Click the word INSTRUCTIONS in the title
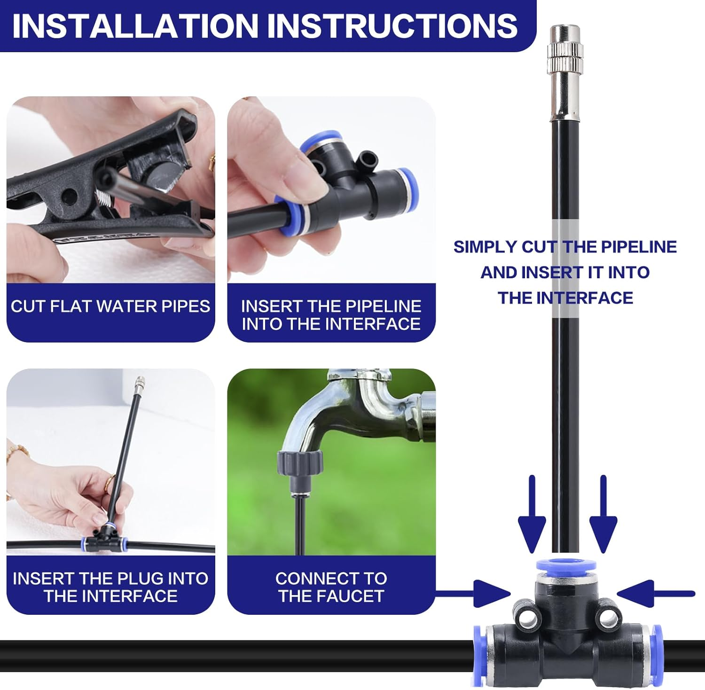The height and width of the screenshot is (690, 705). [x=395, y=25]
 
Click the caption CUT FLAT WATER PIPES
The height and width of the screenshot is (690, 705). [x=110, y=306]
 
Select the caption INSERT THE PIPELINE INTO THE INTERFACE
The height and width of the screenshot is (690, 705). [x=331, y=315]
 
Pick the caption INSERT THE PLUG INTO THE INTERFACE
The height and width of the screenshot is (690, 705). [x=110, y=587]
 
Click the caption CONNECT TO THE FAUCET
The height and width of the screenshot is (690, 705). [x=331, y=587]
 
